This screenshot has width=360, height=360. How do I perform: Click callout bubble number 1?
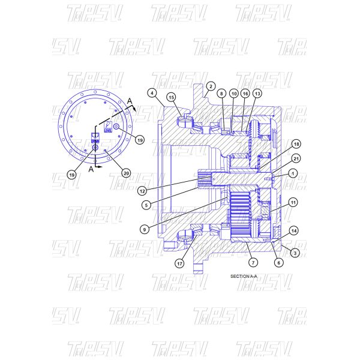click(x=293, y=173)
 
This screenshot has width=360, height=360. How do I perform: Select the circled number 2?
click(x=211, y=86)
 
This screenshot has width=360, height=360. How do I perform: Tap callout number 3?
click(x=295, y=253)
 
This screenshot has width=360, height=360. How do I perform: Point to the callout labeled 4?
click(x=152, y=93)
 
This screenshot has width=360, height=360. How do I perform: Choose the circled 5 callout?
click(x=146, y=205)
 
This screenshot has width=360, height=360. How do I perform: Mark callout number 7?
click(x=253, y=263)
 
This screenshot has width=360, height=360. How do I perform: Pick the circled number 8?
click(x=221, y=94)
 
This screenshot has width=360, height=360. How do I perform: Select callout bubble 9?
click(x=146, y=228)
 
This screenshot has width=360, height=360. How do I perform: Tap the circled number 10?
click(x=233, y=94)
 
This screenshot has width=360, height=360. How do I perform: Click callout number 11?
click(x=293, y=202)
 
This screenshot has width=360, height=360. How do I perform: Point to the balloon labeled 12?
click(x=142, y=191)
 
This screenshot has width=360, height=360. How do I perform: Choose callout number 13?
click(x=257, y=94)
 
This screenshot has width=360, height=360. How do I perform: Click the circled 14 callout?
click(x=293, y=230)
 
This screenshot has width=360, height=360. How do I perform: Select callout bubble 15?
click(x=171, y=97)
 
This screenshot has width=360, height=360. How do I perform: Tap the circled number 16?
click(x=245, y=94)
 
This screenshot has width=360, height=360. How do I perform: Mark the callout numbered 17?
click(x=180, y=263)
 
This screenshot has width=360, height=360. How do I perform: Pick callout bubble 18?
click(x=296, y=145)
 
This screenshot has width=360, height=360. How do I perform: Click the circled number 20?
click(x=126, y=173)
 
